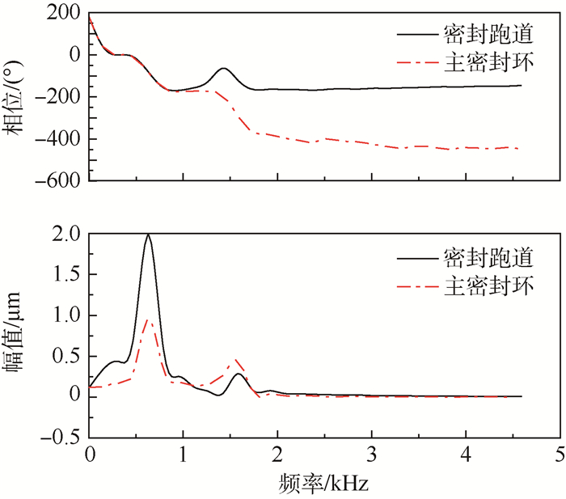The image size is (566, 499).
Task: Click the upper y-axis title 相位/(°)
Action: coord(17,98)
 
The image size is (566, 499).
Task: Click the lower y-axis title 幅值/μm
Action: coord(17,336)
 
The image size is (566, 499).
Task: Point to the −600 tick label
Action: coord(59,182)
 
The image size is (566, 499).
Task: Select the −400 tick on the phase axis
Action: coord(59,140)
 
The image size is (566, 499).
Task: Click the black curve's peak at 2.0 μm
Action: coord(148,235)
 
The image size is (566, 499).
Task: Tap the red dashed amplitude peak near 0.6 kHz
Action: coord(147,320)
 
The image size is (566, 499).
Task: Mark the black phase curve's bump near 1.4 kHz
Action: coord(223,69)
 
